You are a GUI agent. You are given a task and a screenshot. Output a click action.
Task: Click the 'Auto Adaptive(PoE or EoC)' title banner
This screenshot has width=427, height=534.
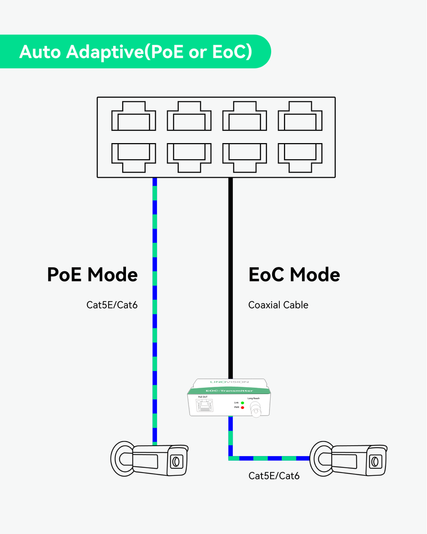click(136, 52)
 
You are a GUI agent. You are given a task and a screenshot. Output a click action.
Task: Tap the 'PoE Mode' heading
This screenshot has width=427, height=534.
click(92, 274)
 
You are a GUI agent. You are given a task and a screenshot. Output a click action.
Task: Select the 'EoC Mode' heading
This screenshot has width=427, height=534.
click(294, 274)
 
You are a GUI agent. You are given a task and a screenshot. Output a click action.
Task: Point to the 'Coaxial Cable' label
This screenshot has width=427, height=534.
click(278, 305)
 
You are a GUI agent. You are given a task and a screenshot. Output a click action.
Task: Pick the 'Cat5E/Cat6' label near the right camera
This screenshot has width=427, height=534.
click(274, 475)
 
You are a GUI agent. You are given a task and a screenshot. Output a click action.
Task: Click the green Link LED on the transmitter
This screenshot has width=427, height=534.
click(242, 402)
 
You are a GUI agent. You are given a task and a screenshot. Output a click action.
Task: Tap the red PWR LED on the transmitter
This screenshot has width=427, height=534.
click(242, 407)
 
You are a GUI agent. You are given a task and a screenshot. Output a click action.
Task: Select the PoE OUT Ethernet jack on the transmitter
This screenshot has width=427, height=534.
click(203, 407)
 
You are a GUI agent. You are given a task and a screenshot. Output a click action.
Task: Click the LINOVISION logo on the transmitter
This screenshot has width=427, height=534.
click(228, 382)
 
